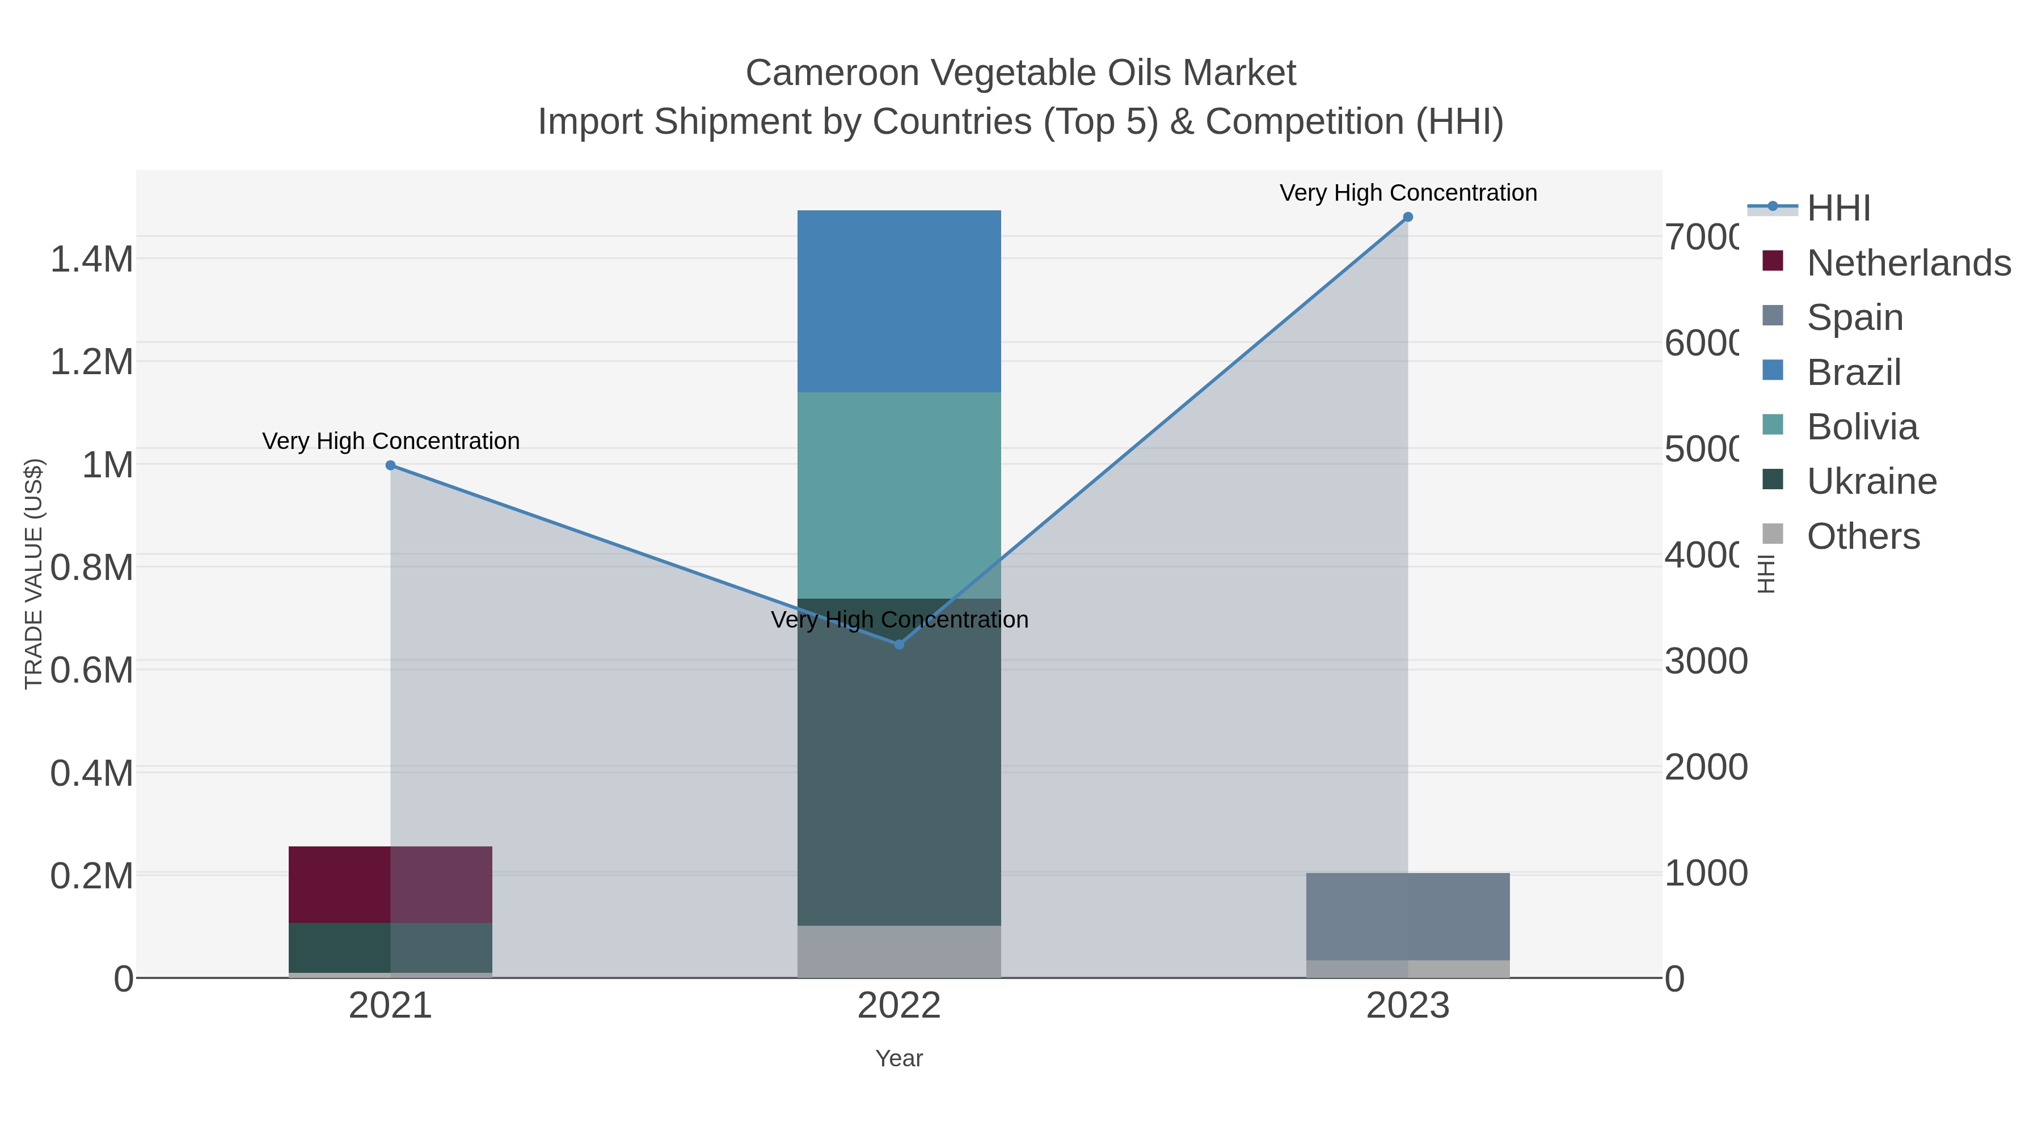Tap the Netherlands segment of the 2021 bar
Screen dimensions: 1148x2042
click(x=390, y=884)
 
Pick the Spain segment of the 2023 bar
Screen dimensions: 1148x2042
click(x=1407, y=917)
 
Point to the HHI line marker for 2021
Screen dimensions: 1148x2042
click(x=390, y=465)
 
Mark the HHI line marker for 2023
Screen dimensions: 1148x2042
click(x=1408, y=217)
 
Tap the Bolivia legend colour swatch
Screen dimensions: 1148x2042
click(x=1773, y=425)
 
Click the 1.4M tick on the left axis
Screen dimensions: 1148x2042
click(x=92, y=260)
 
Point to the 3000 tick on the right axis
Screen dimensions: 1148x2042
click(x=1705, y=662)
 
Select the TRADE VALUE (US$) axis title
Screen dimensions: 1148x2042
click(x=33, y=574)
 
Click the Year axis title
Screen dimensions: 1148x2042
click(x=899, y=1058)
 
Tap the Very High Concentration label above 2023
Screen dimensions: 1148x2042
click(x=1408, y=193)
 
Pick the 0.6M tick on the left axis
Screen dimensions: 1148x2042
click(x=92, y=670)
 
